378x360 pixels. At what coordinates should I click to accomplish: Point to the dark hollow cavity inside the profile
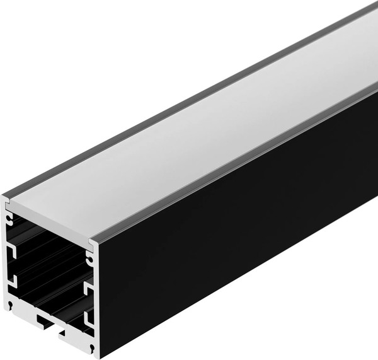point(50,265)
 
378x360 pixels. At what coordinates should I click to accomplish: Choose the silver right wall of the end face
point(96,303)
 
